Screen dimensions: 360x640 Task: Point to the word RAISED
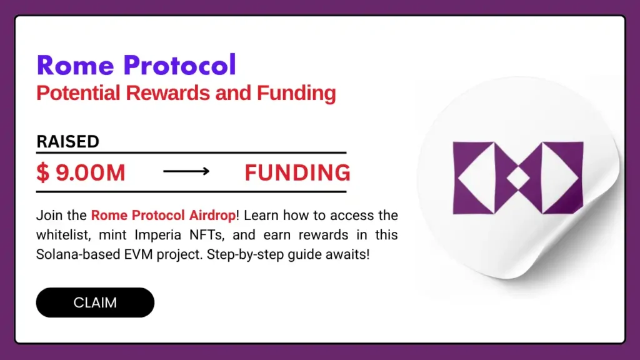(67, 142)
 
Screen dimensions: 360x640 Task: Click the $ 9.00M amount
(81, 173)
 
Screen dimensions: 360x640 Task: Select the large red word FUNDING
(297, 173)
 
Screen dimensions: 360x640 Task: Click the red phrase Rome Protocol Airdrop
(164, 216)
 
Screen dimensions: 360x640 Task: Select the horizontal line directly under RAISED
(191, 152)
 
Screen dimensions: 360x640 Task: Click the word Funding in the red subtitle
(296, 94)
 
